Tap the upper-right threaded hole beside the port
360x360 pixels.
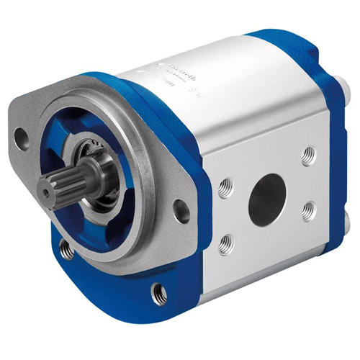(307, 153)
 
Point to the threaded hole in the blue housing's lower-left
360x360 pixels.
(68, 248)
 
